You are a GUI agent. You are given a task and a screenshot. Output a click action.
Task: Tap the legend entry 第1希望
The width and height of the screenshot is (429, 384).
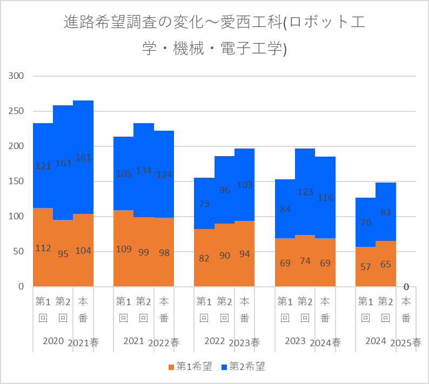point(190,367)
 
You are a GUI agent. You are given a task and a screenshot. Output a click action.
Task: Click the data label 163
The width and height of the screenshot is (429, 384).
point(63,163)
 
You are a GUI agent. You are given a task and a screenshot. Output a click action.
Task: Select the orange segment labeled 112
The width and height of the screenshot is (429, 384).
point(43,238)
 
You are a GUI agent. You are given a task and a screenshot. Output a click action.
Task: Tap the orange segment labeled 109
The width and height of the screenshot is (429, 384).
point(123,238)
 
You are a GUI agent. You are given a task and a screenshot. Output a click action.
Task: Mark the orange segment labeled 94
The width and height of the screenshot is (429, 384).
point(244,243)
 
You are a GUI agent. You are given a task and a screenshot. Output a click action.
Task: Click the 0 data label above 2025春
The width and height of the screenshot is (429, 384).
point(406,287)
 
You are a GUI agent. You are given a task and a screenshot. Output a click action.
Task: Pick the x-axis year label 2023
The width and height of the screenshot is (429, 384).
point(295,341)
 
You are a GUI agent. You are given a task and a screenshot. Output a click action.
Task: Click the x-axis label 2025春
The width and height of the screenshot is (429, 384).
point(406,343)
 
